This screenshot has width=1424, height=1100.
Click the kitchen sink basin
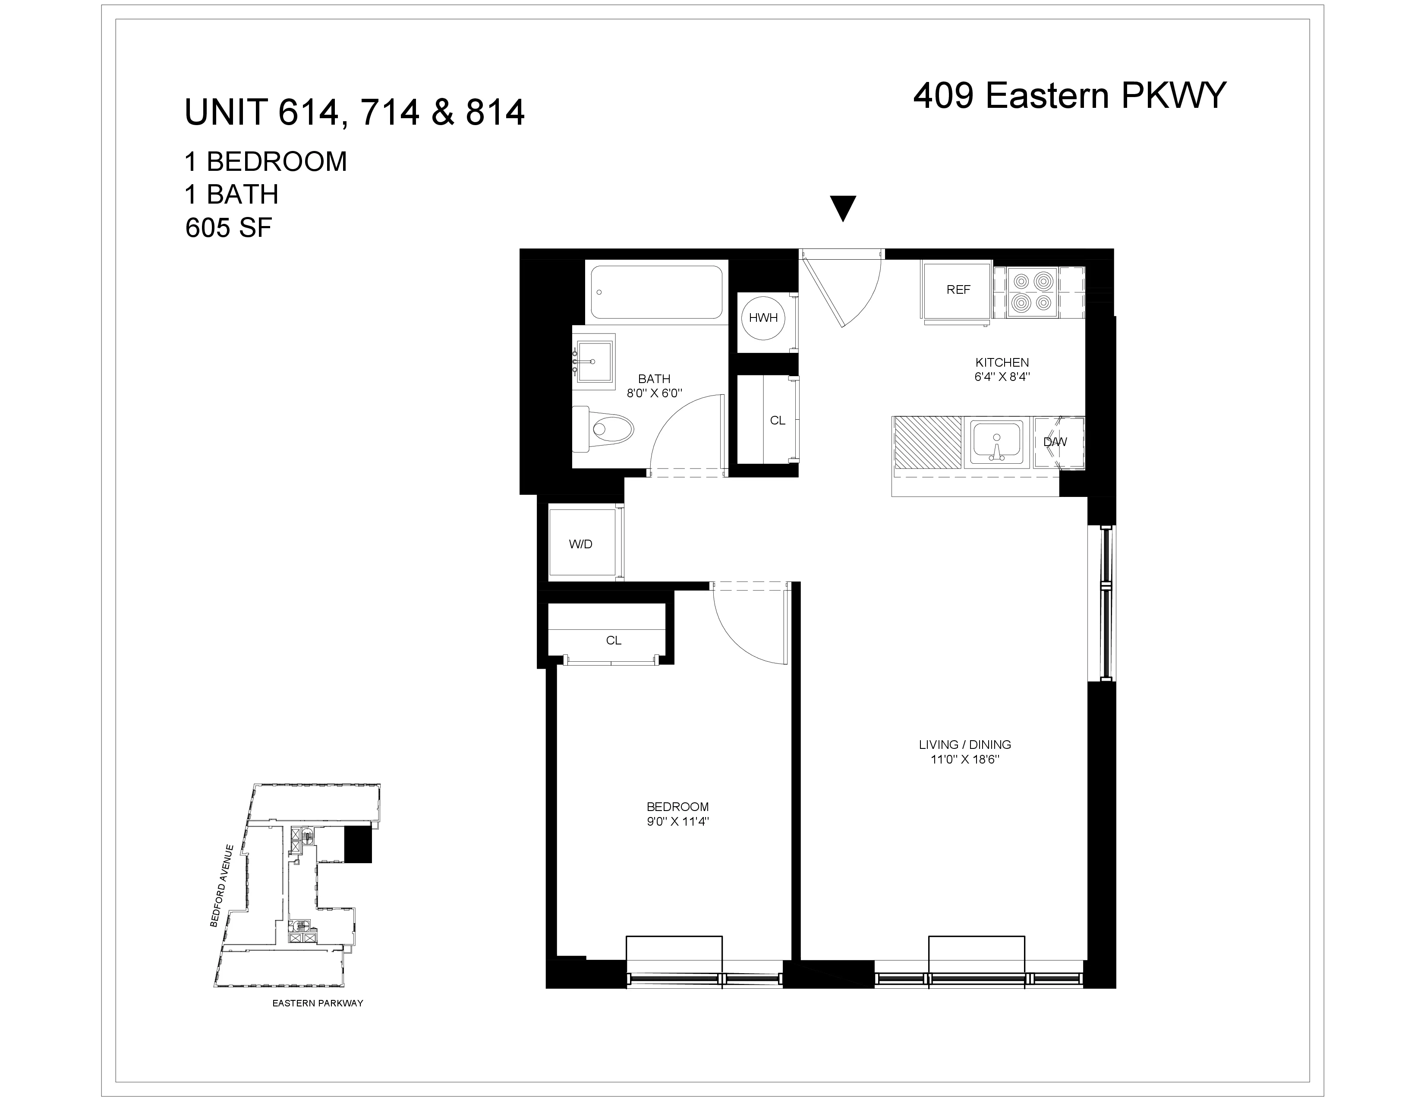tap(996, 441)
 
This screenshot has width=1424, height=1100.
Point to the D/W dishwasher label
tap(1055, 442)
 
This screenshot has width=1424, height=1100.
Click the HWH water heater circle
tap(763, 318)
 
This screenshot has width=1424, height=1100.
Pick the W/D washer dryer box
tap(581, 544)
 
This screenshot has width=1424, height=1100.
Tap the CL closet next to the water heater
tap(777, 420)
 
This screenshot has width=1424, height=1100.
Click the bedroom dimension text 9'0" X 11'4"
tap(677, 822)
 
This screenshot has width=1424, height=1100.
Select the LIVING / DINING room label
tap(965, 744)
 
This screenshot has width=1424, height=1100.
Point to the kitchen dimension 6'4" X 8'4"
tap(1002, 377)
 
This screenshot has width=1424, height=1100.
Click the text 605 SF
tap(228, 228)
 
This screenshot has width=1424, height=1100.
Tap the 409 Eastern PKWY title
tap(1069, 96)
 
